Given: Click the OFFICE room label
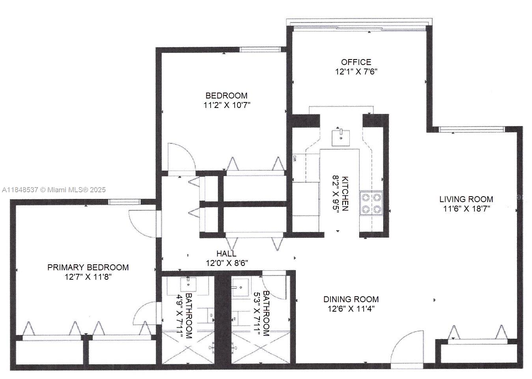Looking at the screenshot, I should [356, 62].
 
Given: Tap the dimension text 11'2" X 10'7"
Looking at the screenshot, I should [227, 105].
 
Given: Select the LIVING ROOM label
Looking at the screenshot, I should [466, 199].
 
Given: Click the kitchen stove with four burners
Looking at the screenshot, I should [371, 203].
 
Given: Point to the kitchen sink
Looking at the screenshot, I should [340, 137].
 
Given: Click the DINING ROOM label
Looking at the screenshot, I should [351, 299].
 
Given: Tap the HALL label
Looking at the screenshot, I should [226, 254].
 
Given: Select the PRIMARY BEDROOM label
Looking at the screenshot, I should [88, 268].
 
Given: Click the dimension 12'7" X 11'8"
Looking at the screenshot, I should [88, 277].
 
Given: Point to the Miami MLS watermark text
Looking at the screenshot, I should [54, 189].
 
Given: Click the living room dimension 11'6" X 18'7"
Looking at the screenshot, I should [466, 209].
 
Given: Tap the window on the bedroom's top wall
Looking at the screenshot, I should [260, 50].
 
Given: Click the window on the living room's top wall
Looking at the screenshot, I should [472, 129].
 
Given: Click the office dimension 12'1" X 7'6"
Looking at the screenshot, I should [356, 72].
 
